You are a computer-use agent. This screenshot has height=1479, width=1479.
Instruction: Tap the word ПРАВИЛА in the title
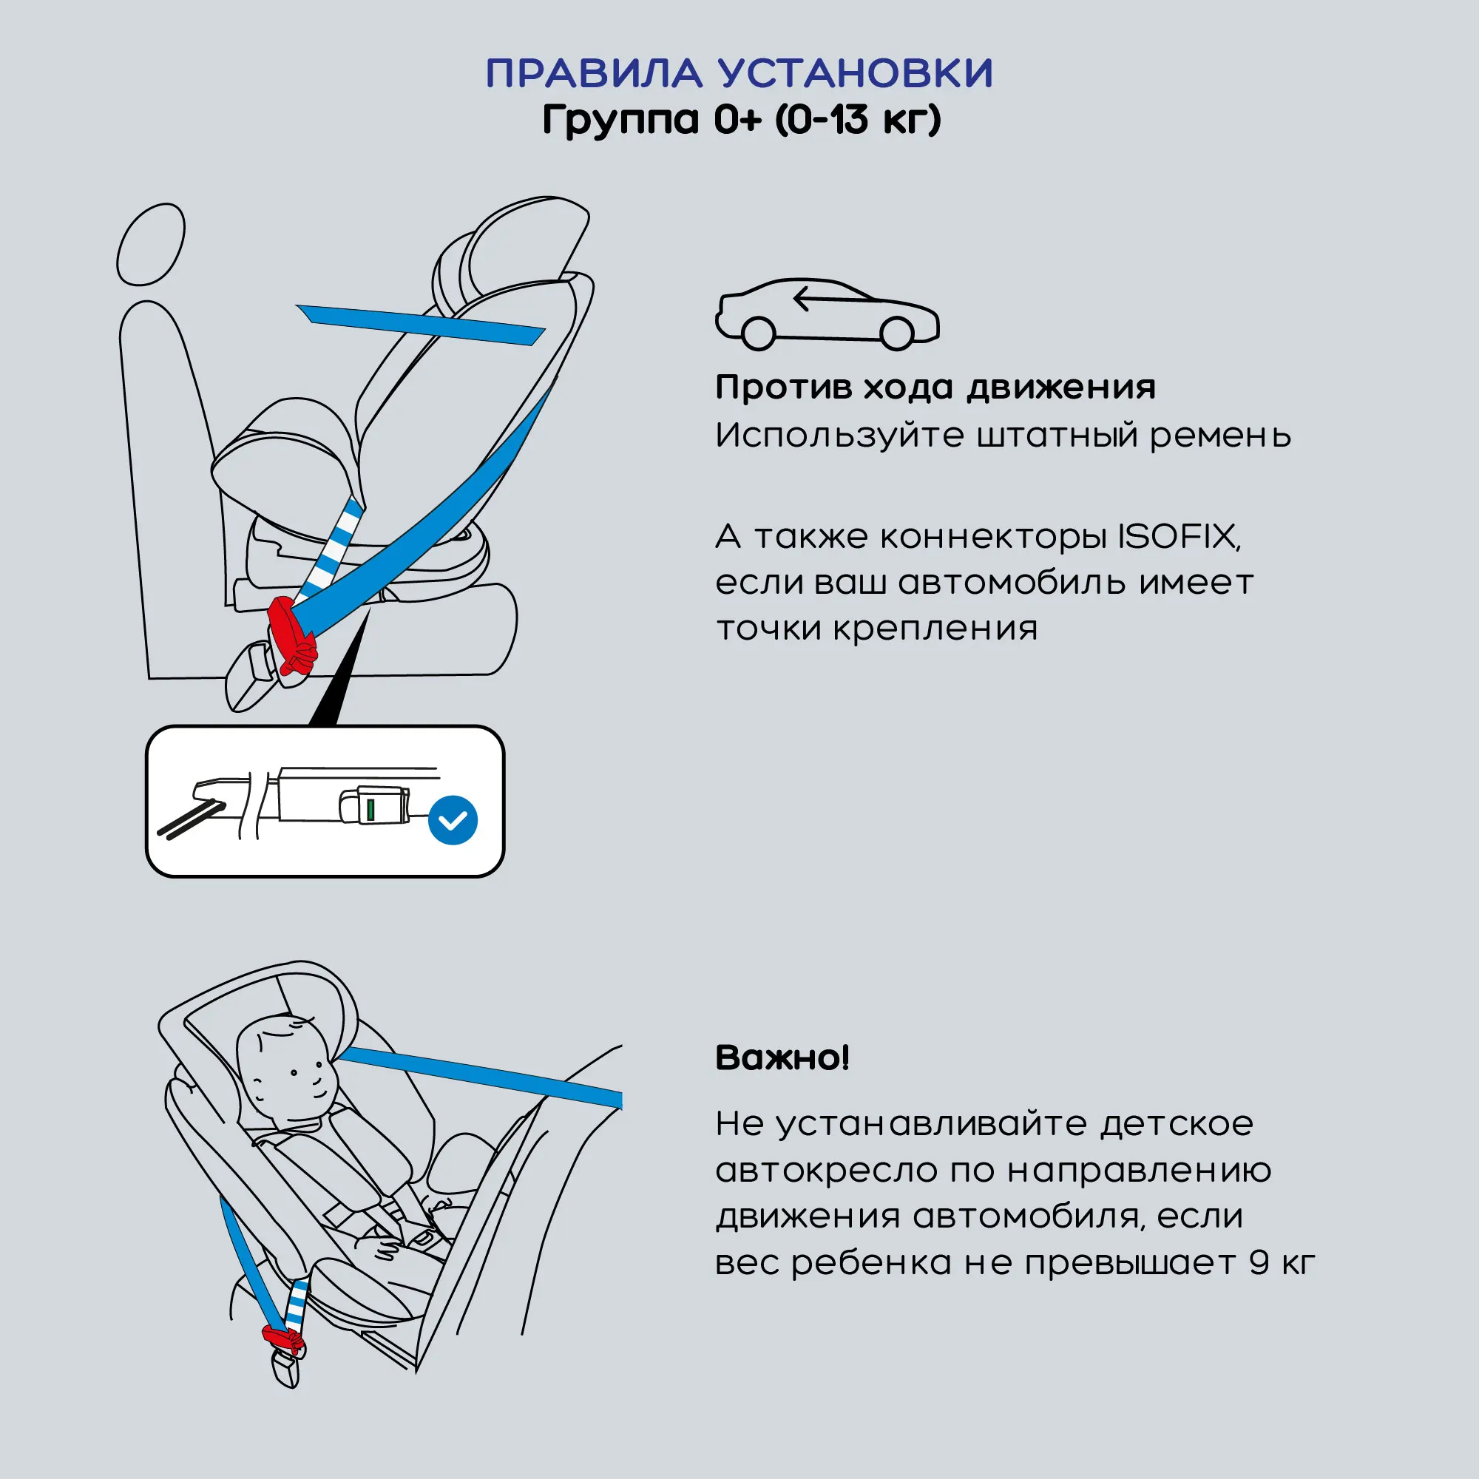point(594,73)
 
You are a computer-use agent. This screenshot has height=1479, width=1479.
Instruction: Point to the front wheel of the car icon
point(758,333)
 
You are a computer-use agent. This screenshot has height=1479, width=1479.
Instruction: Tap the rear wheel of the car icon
point(896,333)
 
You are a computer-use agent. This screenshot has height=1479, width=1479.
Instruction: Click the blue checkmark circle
point(453,820)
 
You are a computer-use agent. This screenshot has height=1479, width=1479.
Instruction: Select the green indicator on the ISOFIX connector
point(370,809)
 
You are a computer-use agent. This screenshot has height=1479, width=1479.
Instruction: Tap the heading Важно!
point(782,1058)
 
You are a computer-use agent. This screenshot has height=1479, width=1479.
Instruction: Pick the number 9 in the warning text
point(1259,1263)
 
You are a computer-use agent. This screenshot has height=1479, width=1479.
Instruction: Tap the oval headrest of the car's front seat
point(151,244)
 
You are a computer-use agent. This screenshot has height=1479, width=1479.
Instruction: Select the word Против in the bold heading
point(783,388)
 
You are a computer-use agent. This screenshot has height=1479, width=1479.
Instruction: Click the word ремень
point(1220,436)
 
